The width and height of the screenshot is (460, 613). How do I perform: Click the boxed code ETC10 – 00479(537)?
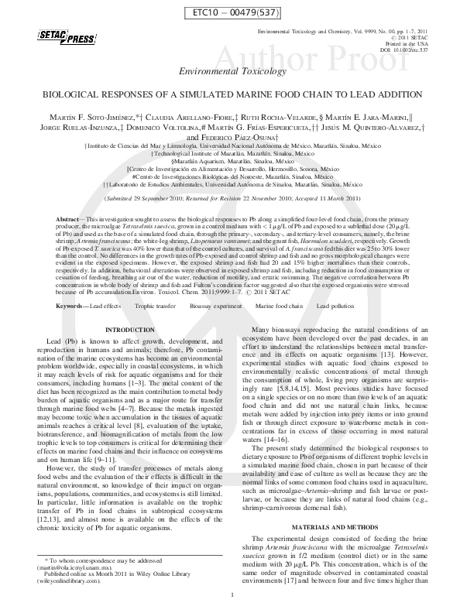click(x=229, y=12)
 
